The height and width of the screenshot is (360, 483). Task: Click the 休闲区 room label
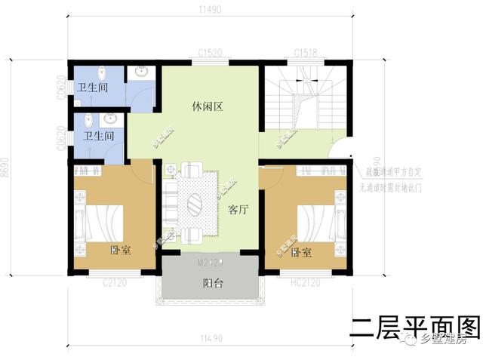[206, 107]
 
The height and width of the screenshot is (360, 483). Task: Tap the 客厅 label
[238, 210]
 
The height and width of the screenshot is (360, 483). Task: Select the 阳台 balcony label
[213, 284]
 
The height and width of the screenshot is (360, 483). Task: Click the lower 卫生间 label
[99, 137]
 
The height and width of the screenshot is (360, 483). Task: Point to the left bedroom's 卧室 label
[121, 251]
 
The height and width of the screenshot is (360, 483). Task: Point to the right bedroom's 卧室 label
[302, 252]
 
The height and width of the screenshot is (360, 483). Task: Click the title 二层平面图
[415, 327]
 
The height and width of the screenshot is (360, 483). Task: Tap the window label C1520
[211, 53]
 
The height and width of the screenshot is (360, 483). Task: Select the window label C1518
[306, 53]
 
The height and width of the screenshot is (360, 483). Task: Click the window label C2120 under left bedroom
[114, 282]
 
